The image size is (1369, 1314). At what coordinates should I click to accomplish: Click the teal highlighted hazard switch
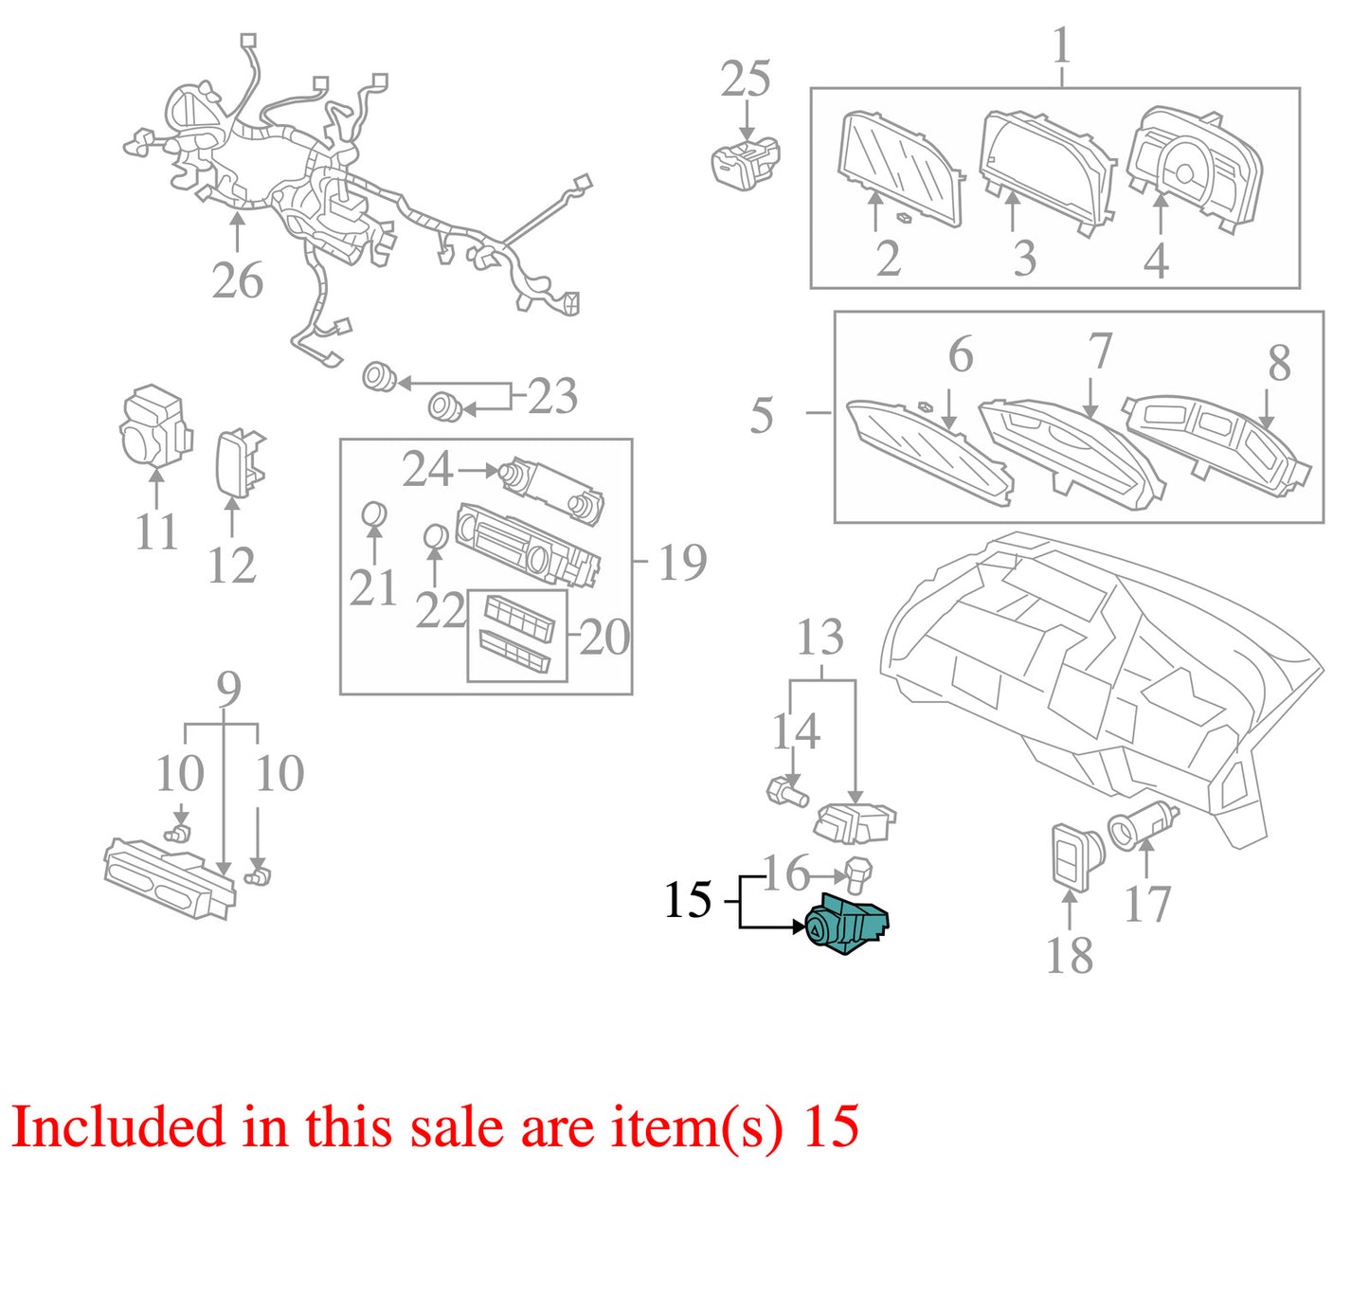(x=846, y=925)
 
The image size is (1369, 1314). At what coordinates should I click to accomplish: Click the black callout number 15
(x=687, y=900)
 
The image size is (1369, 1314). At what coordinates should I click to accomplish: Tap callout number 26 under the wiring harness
(x=238, y=280)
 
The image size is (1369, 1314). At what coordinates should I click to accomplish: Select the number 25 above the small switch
(x=746, y=79)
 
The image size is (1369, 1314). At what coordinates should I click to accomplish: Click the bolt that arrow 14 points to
(x=786, y=792)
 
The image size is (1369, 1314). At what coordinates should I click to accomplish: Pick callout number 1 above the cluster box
(x=1062, y=45)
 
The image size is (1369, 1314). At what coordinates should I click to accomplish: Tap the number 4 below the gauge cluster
(x=1156, y=261)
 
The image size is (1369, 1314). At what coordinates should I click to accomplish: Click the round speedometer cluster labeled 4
(x=1194, y=170)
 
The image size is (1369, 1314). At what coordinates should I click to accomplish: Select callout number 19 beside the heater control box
(x=682, y=562)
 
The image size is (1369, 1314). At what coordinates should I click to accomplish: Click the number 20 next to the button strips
(x=604, y=638)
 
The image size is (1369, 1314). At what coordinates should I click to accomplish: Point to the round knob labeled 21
(x=373, y=515)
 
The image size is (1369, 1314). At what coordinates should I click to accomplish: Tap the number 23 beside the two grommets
(x=552, y=396)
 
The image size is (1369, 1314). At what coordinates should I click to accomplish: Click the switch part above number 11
(x=154, y=426)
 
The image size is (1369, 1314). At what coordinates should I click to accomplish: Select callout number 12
(x=232, y=565)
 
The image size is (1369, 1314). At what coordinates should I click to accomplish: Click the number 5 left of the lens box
(x=762, y=415)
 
